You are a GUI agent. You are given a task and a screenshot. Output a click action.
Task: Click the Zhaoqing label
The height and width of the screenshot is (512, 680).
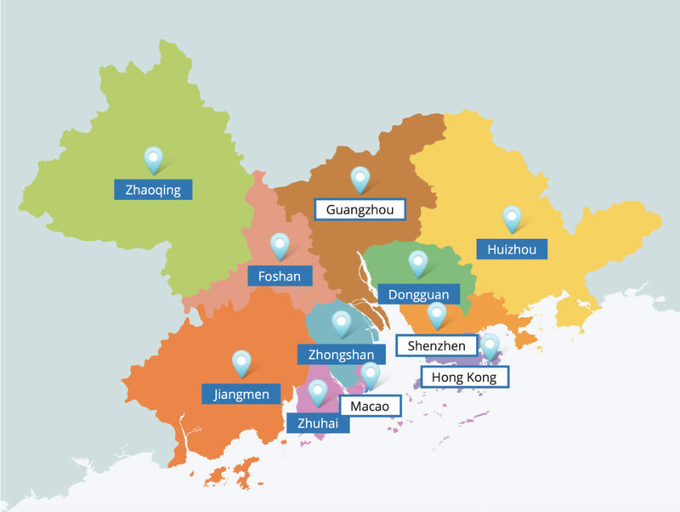(x=153, y=189)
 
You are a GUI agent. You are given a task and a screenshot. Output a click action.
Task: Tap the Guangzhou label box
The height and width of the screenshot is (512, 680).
(x=360, y=208)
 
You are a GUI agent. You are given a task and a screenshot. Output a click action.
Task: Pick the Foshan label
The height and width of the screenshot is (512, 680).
(x=280, y=276)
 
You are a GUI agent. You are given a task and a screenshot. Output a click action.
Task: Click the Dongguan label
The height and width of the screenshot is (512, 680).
(x=418, y=294)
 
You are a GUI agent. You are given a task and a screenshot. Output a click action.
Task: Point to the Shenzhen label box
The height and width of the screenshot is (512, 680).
(x=436, y=345)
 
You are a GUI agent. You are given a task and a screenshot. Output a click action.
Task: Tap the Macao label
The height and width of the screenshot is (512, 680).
(x=370, y=406)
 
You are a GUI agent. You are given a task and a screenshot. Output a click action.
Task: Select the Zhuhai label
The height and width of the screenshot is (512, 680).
(x=318, y=423)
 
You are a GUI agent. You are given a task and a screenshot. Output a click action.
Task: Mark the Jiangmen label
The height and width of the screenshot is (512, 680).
(x=241, y=394)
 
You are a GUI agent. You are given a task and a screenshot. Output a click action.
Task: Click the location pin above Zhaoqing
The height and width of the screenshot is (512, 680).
(x=153, y=158)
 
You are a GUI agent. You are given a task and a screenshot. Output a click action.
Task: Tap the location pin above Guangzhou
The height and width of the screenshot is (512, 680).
(x=360, y=179)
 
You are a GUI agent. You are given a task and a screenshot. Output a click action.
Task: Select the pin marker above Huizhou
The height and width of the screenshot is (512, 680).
(x=512, y=218)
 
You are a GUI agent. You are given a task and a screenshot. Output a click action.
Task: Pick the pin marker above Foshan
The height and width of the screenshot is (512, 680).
(x=280, y=246)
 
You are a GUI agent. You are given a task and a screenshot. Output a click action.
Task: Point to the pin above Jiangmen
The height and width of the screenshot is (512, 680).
(x=242, y=363)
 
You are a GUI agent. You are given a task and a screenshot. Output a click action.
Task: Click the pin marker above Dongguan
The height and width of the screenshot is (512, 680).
(x=418, y=263)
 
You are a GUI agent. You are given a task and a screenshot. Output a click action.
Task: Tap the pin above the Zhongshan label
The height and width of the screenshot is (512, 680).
(x=341, y=323)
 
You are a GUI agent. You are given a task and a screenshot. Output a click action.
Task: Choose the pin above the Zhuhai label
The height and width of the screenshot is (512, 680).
(x=318, y=392)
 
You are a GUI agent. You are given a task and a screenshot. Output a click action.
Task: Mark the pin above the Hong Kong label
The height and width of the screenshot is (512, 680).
(x=490, y=346)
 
